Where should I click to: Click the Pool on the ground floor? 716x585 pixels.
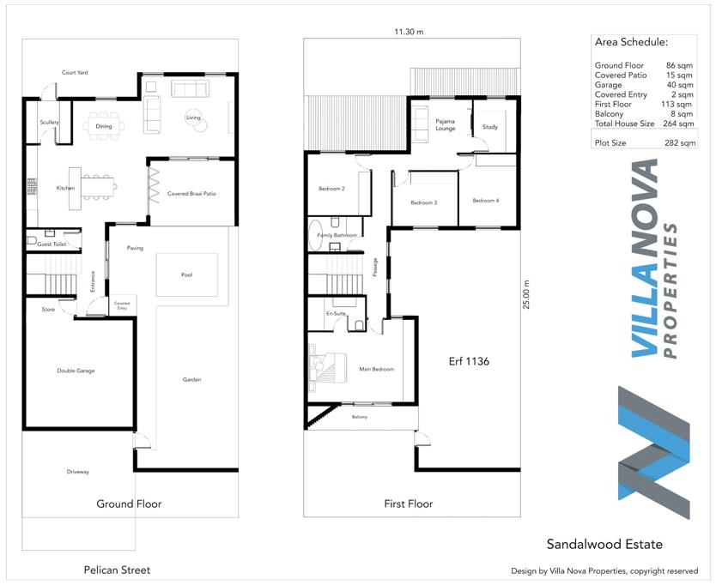[187, 274]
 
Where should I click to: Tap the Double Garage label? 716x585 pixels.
[76, 371]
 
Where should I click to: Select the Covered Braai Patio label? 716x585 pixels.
[191, 194]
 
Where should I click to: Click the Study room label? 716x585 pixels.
[490, 127]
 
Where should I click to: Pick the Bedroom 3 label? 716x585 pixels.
[424, 202]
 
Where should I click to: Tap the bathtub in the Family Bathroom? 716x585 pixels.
[315, 236]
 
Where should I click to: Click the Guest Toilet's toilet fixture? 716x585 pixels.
[32, 240]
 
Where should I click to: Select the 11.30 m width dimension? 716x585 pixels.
[409, 32]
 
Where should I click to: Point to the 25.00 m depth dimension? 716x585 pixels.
[527, 295]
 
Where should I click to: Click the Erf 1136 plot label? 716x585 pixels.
[469, 361]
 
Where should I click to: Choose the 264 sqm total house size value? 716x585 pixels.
[679, 124]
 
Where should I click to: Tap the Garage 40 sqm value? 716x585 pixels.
[679, 85]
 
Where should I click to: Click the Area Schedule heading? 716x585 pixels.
[631, 42]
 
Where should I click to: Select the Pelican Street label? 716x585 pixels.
[117, 570]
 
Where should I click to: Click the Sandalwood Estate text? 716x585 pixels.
[604, 544]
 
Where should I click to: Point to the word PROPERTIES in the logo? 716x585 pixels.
[670, 291]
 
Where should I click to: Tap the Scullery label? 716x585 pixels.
[49, 123]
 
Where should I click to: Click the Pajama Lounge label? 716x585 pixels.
[446, 124]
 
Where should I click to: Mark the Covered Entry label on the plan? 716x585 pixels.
[122, 305]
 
